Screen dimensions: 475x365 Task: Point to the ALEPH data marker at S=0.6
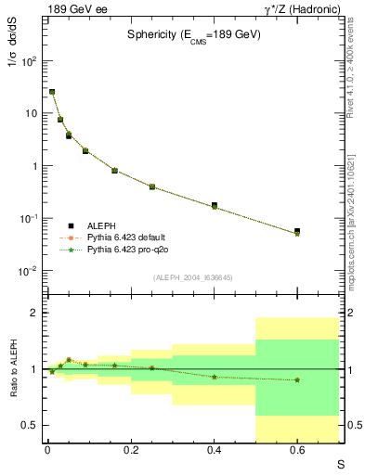[297, 231]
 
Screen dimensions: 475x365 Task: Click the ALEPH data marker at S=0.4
[214, 205]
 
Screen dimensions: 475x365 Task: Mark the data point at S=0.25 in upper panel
[151, 186]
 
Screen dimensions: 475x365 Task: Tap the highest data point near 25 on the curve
[52, 92]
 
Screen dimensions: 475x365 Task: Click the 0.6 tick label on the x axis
[297, 450]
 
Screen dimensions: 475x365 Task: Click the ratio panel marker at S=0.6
[297, 379]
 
